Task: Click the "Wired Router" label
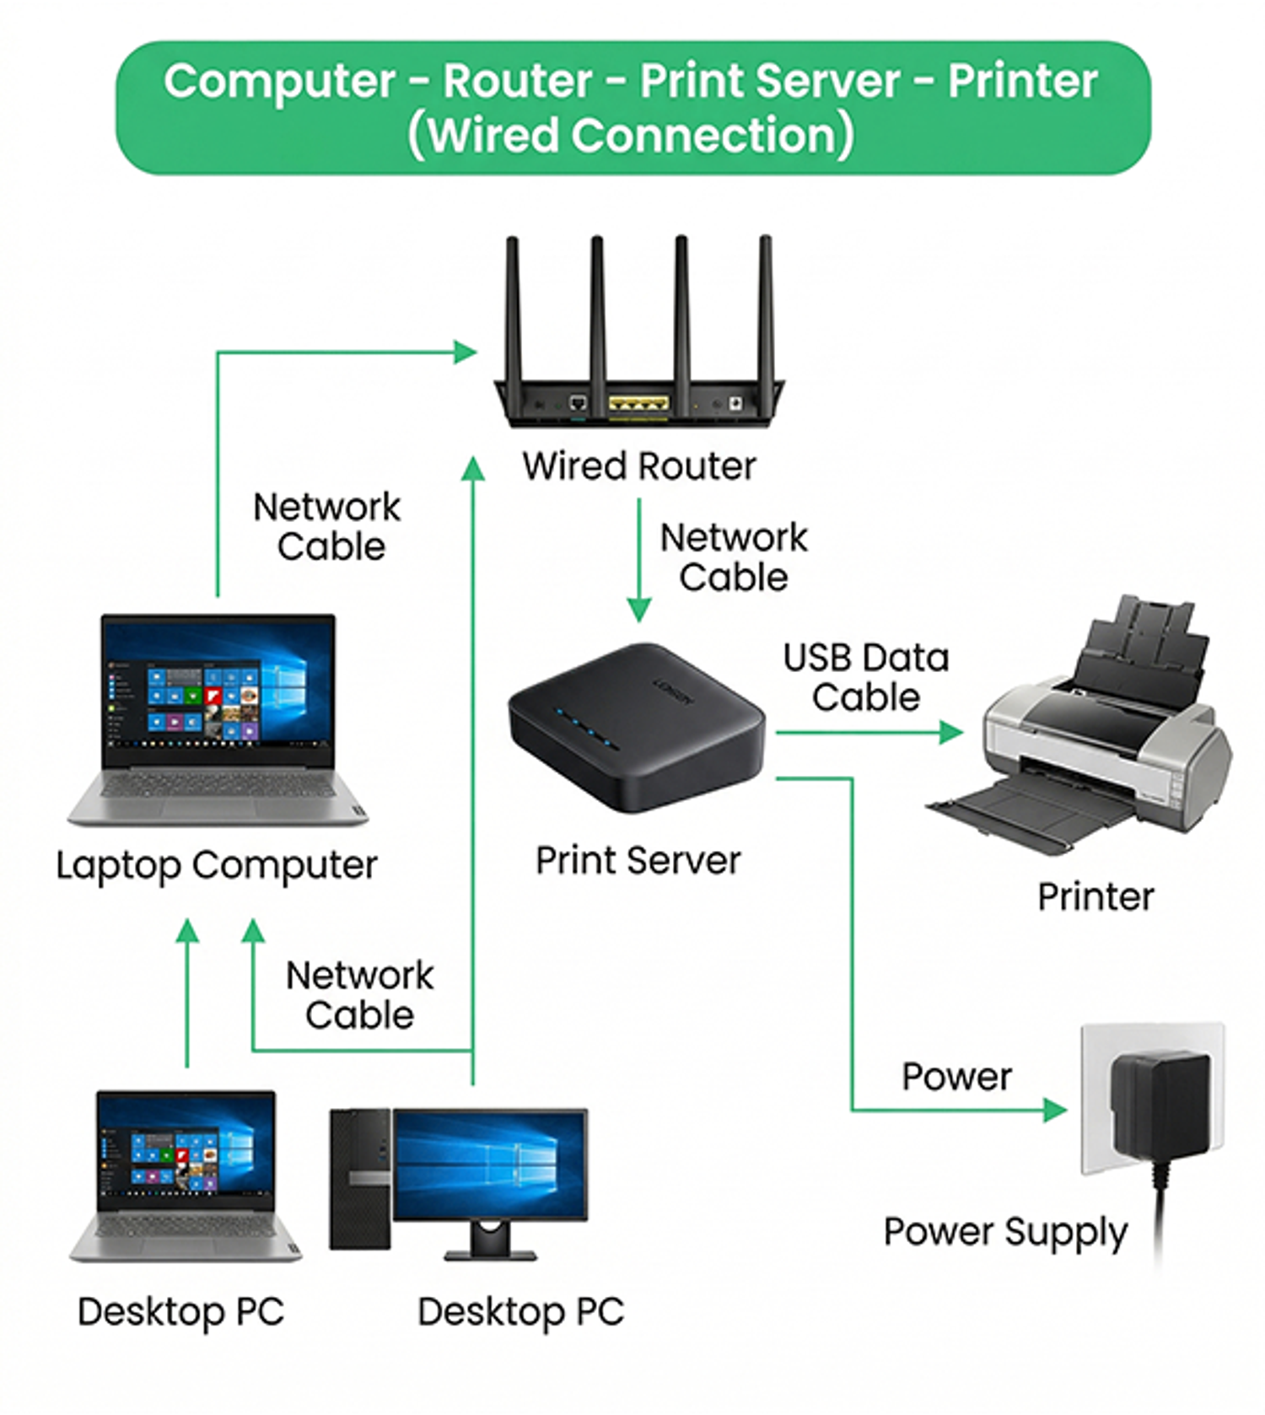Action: tap(638, 465)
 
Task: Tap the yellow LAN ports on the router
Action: tap(638, 404)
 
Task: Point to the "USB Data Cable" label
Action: tap(866, 677)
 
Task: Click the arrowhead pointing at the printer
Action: tap(952, 732)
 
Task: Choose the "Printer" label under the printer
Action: tap(1095, 896)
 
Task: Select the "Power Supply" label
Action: tap(1005, 1233)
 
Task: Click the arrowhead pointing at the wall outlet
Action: tap(1056, 1110)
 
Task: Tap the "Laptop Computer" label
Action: tap(217, 866)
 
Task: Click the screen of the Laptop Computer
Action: tap(218, 691)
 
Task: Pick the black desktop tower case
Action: tap(360, 1179)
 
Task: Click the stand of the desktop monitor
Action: tap(491, 1241)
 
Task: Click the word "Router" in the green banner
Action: tap(518, 82)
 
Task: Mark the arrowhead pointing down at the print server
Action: tap(639, 611)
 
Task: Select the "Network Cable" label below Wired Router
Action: tap(734, 557)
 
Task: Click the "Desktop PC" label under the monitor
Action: tap(520, 1312)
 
